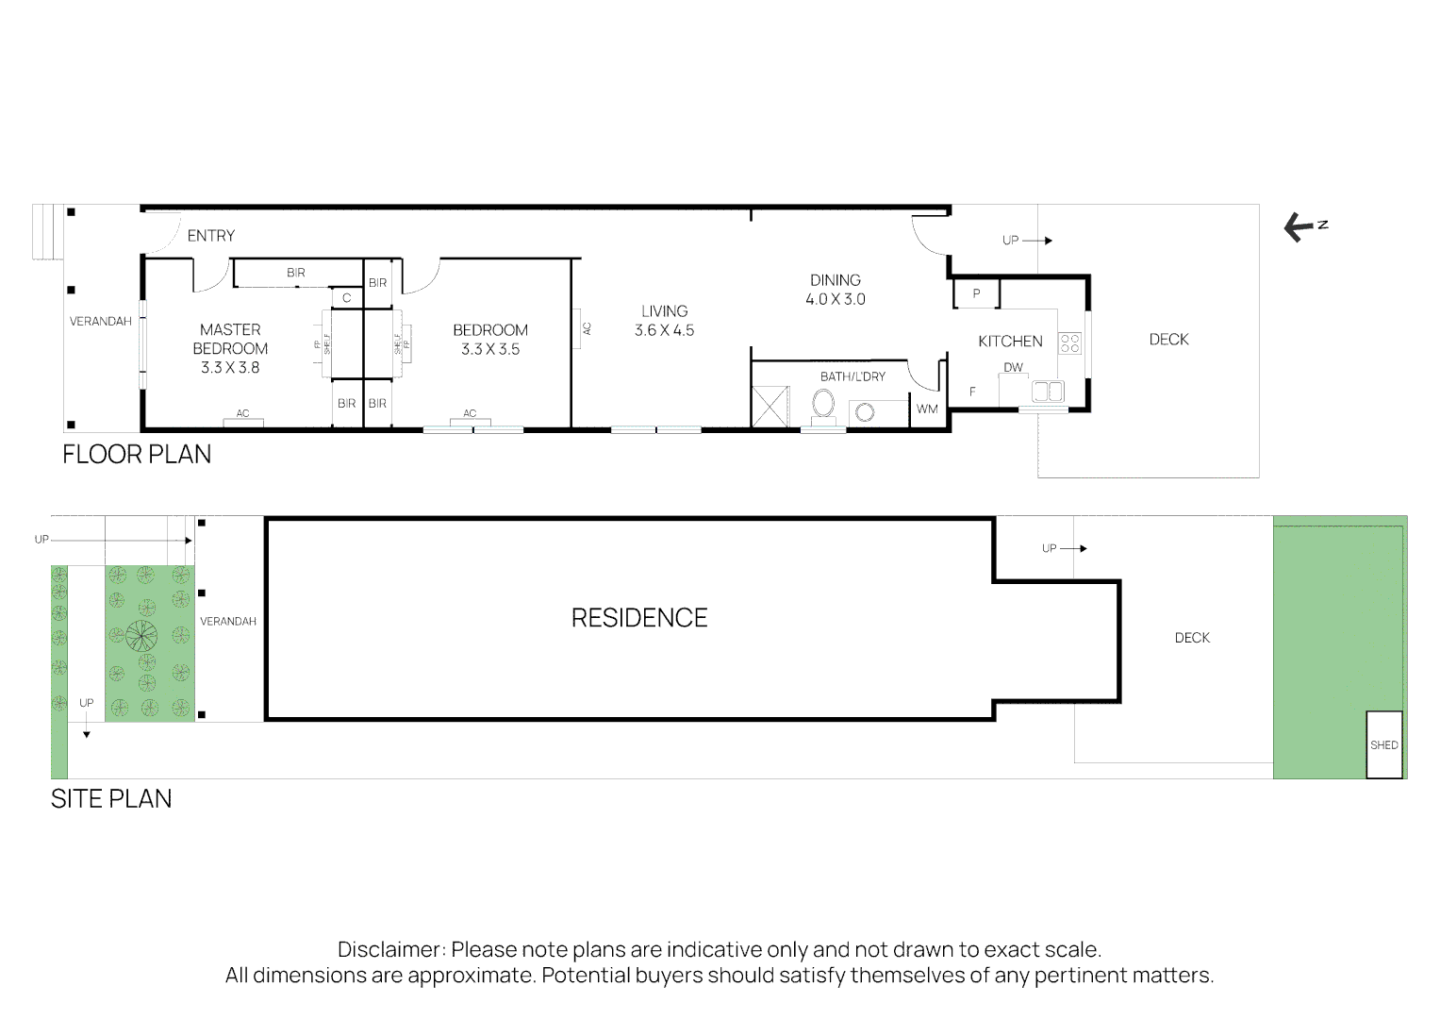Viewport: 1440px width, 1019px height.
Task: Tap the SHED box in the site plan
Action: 1383,744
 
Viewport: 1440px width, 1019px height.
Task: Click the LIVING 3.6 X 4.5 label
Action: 664,321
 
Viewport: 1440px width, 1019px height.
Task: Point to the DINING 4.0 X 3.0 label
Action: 835,290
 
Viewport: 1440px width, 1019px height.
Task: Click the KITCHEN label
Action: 1010,342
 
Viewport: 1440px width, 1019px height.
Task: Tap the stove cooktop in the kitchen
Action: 1069,342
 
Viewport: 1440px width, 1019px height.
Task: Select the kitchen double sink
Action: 1047,391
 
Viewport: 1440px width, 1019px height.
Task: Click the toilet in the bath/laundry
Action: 822,407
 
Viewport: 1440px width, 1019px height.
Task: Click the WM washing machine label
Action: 927,409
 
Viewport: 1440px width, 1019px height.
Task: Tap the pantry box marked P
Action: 976,294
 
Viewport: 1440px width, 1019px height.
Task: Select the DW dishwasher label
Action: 1013,368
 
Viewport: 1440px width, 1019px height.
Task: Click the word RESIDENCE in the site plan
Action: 639,618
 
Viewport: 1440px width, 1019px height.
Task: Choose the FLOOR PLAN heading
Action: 137,454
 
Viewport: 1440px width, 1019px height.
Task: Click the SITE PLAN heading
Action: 111,798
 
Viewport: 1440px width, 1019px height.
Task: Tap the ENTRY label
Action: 210,236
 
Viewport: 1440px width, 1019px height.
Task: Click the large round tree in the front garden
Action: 139,637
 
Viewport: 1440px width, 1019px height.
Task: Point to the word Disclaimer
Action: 390,949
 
